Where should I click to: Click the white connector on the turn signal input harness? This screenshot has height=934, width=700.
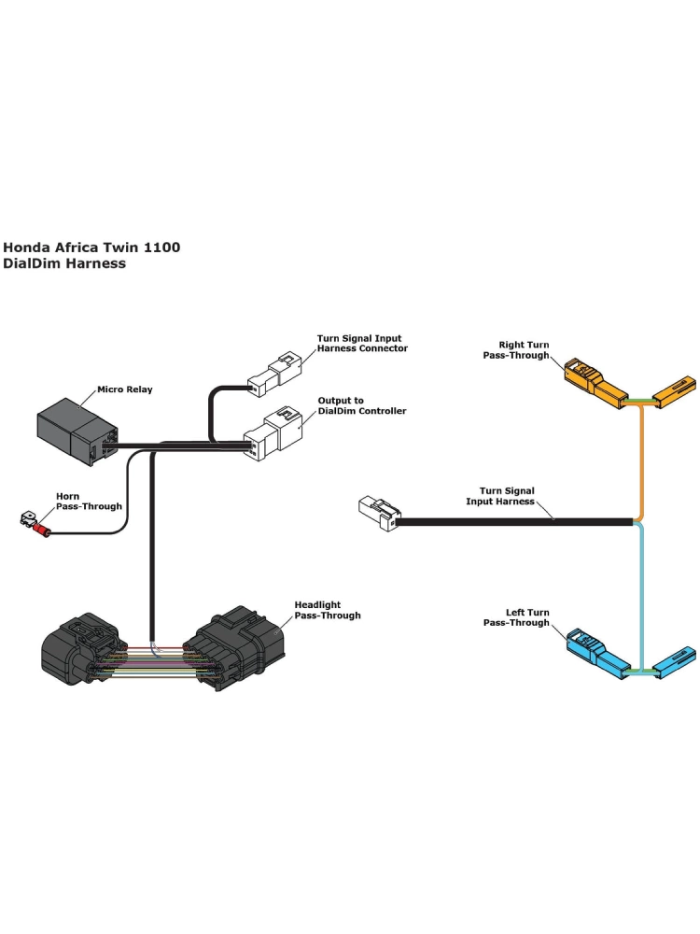[x=377, y=514]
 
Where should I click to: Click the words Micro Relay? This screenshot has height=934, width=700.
[x=124, y=389]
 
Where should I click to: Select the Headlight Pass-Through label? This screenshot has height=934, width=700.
[x=327, y=610]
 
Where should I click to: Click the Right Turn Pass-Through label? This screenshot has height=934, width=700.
[x=516, y=350]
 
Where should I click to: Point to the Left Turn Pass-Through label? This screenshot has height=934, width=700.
[x=516, y=617]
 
